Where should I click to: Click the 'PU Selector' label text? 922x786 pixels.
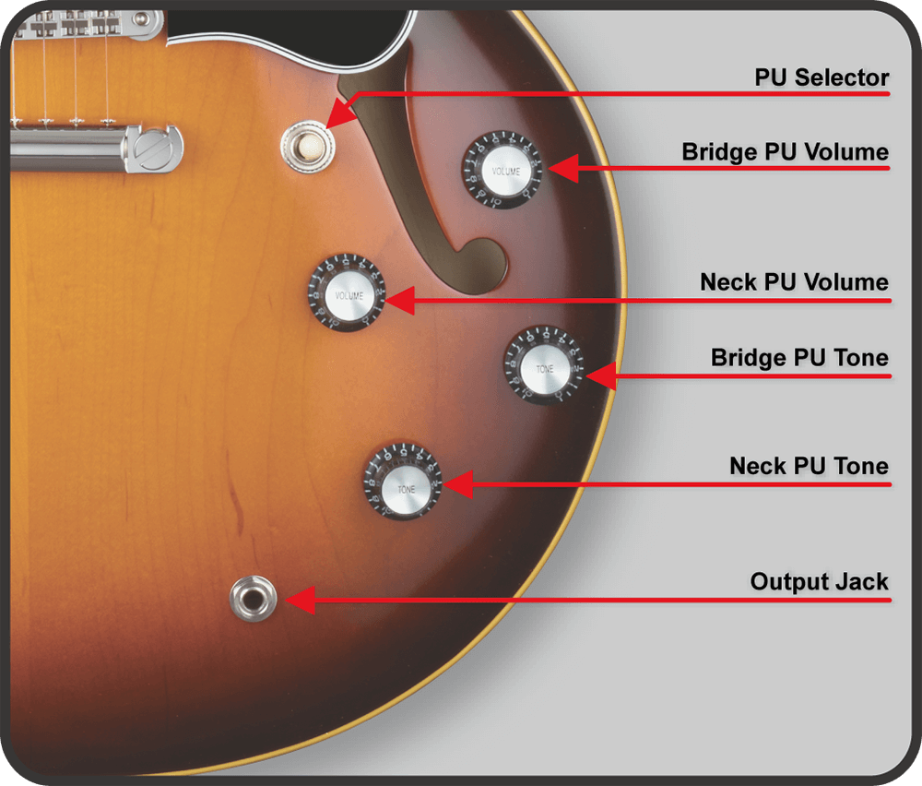coord(822,77)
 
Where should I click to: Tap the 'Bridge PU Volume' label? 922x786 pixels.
coord(785,152)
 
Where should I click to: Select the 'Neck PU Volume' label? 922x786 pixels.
coord(794,281)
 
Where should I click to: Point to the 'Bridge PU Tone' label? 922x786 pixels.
coord(799,357)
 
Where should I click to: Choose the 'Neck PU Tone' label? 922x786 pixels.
coord(810,465)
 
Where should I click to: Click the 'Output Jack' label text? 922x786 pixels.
coord(819,581)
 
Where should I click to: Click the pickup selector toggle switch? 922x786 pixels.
coord(308,146)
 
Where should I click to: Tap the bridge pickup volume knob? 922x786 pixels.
coord(502,170)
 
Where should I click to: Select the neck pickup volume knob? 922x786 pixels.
coord(348,293)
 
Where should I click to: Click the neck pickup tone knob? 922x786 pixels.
coord(404,482)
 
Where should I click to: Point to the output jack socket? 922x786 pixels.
coord(253,599)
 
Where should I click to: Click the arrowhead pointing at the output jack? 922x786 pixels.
coord(300,600)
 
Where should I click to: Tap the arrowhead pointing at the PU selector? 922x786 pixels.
coord(340,113)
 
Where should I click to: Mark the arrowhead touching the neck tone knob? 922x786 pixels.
coord(458,484)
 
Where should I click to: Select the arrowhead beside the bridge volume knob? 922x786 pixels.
coord(563,169)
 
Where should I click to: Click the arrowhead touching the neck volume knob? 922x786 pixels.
coord(400,301)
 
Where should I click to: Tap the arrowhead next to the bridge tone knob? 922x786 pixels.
coord(601,375)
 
